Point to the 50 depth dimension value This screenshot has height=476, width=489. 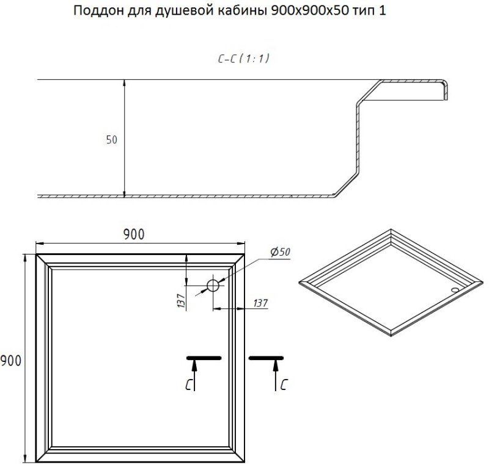[111, 140]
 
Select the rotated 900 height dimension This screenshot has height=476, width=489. [11, 361]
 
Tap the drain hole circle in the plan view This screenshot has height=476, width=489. [213, 285]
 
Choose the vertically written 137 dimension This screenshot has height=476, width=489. [182, 300]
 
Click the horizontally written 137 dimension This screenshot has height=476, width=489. [259, 303]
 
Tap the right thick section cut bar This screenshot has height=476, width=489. [267, 357]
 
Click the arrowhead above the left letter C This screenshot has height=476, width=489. [195, 364]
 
